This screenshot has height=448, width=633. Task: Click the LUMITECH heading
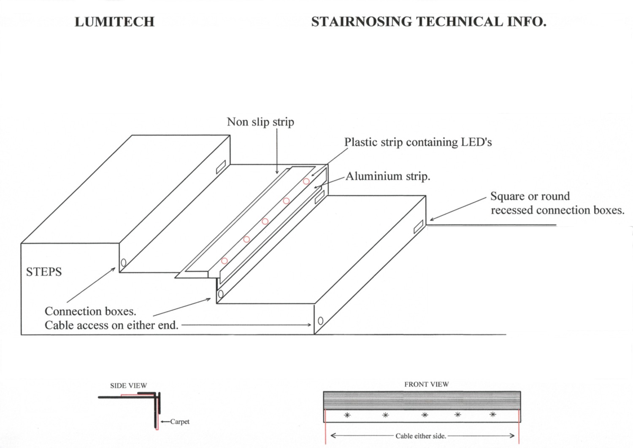point(114,22)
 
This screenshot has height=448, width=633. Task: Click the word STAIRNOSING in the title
point(361,22)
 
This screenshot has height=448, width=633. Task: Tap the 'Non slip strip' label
point(260,122)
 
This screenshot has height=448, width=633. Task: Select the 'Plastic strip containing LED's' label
point(418,142)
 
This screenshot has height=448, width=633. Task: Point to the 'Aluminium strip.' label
point(388,176)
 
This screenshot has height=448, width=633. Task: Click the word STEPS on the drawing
point(44,272)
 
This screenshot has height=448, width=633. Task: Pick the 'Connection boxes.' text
point(90,311)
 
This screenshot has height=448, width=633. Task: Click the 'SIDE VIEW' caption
point(128,386)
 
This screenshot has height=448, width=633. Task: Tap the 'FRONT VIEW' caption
point(426,384)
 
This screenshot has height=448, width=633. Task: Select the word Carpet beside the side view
point(180,421)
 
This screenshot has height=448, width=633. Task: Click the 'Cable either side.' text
point(420,436)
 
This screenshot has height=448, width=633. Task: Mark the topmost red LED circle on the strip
point(306,181)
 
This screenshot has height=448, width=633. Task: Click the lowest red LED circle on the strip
point(225,261)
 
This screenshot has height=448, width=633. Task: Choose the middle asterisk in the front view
point(425,415)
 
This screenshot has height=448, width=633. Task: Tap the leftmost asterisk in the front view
point(347,415)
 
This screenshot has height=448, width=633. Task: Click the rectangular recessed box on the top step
point(221,167)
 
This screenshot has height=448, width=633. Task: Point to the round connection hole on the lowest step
point(320,321)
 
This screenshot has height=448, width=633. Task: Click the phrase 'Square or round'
point(530,197)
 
